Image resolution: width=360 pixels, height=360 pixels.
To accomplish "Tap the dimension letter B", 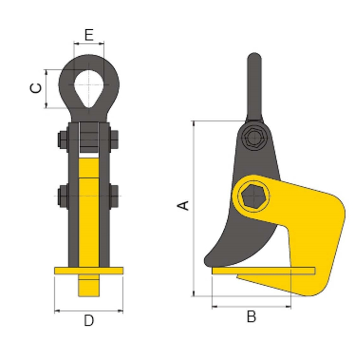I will pyautogui.click(x=252, y=317).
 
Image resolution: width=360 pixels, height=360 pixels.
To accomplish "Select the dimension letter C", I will pyautogui.click(x=36, y=88).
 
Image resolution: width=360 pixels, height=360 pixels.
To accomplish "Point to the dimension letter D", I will pyautogui.click(x=89, y=321).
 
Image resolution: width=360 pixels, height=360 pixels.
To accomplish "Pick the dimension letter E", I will pyautogui.click(x=89, y=35).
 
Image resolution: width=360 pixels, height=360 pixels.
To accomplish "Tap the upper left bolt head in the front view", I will pyautogui.click(x=62, y=139).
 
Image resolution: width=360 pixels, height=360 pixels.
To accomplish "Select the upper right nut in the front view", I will pyautogui.click(x=114, y=139).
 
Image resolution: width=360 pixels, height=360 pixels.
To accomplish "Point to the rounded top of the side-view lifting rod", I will pyautogui.click(x=254, y=58).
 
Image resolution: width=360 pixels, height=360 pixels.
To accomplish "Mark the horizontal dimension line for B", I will pyautogui.click(x=252, y=306).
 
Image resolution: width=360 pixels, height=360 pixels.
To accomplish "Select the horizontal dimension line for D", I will pyautogui.click(x=89, y=311).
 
